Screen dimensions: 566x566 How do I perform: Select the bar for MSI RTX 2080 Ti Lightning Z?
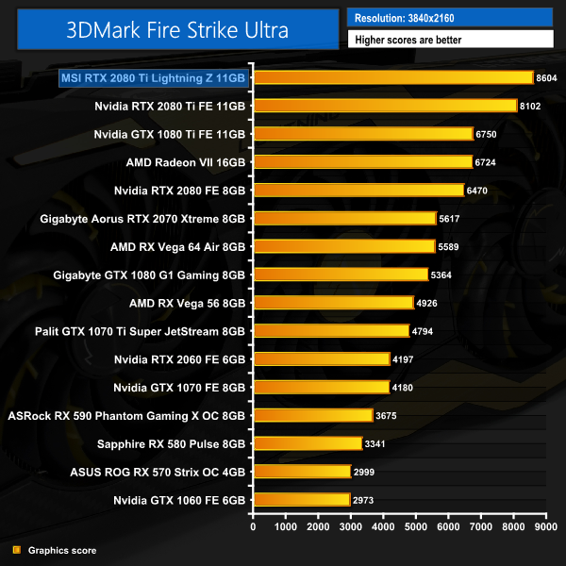click(x=392, y=78)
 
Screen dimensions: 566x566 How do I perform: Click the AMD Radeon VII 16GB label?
click(x=186, y=162)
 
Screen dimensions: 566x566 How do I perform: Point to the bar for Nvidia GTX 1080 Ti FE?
click(x=362, y=134)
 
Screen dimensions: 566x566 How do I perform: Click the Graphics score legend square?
click(x=16, y=550)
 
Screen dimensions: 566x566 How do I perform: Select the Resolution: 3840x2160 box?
click(x=449, y=17)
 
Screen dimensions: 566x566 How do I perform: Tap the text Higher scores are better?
click(x=449, y=40)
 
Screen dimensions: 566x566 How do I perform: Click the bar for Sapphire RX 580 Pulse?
click(x=308, y=443)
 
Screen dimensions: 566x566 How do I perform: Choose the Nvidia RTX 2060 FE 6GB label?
click(x=179, y=358)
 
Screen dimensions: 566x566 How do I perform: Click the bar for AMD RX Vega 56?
click(x=333, y=303)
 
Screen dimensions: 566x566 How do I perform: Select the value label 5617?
click(x=452, y=219)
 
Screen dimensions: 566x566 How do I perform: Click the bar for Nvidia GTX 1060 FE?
click(x=301, y=499)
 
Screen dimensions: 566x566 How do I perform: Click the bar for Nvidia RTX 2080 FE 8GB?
click(x=358, y=191)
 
